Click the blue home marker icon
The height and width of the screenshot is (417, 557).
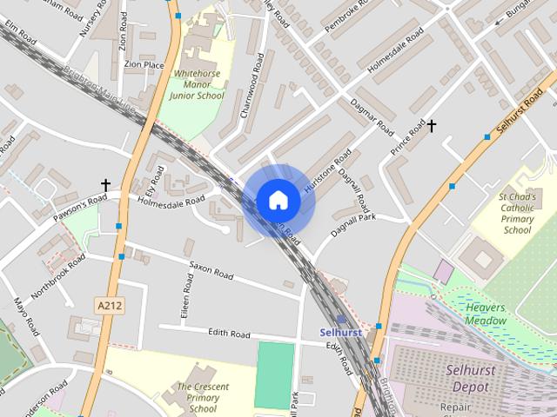[278, 201]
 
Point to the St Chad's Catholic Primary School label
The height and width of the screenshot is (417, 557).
[515, 214]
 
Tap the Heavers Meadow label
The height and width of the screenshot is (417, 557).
[486, 314]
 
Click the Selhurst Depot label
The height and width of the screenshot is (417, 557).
[469, 376]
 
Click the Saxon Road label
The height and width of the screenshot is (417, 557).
[211, 269]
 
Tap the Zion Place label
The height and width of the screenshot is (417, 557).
[144, 64]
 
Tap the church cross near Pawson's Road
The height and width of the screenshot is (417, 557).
[105, 185]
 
